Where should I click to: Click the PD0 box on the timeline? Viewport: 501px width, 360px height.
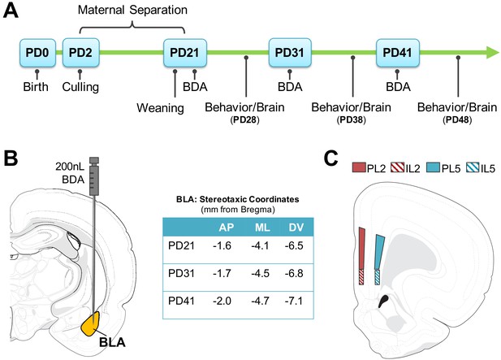pyautogui.click(x=37, y=53)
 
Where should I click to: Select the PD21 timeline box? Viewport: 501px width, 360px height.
pyautogui.click(x=184, y=53)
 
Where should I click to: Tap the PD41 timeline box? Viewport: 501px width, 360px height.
pyautogui.click(x=398, y=53)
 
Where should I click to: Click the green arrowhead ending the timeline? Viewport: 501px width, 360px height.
pyautogui.click(x=492, y=53)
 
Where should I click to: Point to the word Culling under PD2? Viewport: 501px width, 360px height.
pyautogui.click(x=80, y=87)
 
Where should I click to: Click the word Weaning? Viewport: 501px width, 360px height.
pyautogui.click(x=160, y=108)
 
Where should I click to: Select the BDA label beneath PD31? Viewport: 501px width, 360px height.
pyautogui.click(x=290, y=87)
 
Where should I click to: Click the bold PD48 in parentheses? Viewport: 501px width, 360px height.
pyautogui.click(x=457, y=120)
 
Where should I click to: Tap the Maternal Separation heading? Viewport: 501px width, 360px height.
pyautogui.click(x=132, y=10)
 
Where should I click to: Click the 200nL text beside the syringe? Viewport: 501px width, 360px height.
pyautogui.click(x=70, y=167)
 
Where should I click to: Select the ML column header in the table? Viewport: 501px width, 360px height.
pyautogui.click(x=262, y=228)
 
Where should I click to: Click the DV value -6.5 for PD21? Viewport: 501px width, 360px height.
pyautogui.click(x=293, y=246)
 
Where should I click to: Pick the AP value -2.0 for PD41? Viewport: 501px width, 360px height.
pyautogui.click(x=222, y=301)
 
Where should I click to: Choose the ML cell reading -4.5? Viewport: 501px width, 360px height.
pyautogui.click(x=260, y=274)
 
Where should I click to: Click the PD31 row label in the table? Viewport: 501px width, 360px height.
pyautogui.click(x=181, y=274)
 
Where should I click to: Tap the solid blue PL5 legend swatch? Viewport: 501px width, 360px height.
pyautogui.click(x=434, y=167)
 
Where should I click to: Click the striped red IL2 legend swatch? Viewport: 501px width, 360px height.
pyautogui.click(x=397, y=167)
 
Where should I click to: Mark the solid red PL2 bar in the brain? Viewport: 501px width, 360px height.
pyautogui.click(x=362, y=249)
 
